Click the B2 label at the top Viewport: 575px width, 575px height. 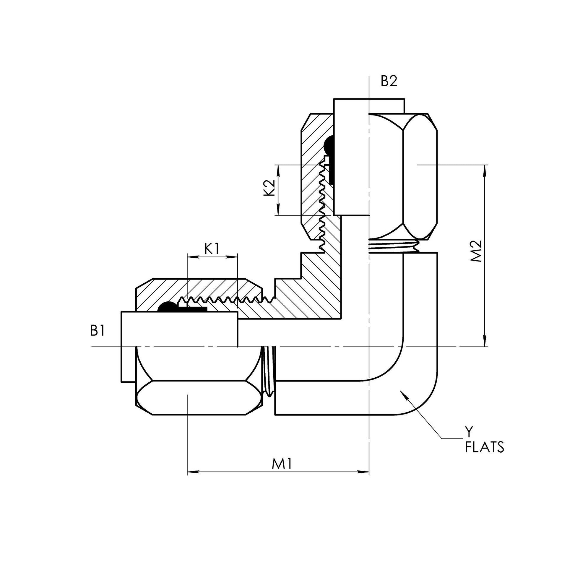(x=389, y=81)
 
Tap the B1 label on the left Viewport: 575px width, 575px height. (x=98, y=331)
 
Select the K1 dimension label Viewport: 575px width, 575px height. (x=212, y=249)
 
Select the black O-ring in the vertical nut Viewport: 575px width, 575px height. (x=328, y=146)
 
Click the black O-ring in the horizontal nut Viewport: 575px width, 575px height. (x=167, y=307)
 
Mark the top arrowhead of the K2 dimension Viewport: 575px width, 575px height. (x=279, y=169)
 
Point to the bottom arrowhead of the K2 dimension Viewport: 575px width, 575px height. (x=279, y=210)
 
